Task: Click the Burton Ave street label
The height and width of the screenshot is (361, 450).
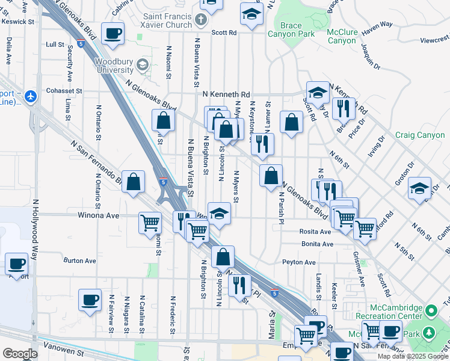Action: click(x=80, y=261)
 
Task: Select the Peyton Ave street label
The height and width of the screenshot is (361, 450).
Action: click(x=299, y=262)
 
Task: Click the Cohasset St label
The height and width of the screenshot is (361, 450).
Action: click(x=63, y=92)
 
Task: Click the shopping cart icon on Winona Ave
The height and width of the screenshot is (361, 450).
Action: click(x=150, y=223)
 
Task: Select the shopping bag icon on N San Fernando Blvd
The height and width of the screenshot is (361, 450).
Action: click(x=133, y=181)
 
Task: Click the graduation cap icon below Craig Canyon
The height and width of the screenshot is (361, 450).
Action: click(x=419, y=188)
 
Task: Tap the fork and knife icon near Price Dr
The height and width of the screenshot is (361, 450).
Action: click(x=344, y=108)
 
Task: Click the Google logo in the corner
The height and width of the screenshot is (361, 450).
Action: click(x=20, y=354)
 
